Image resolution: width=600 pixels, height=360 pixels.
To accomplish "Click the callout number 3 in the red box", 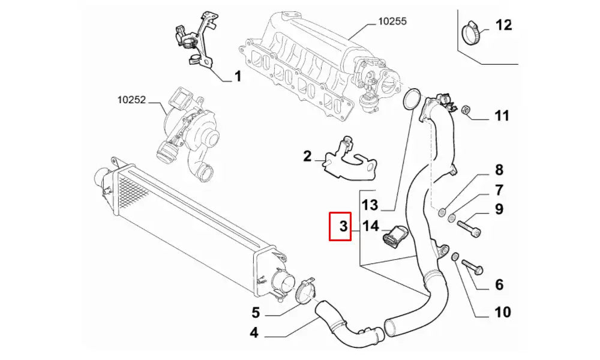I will (343, 226).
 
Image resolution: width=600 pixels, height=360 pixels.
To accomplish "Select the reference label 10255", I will (392, 20).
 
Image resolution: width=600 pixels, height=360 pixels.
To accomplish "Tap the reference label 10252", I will (131, 101).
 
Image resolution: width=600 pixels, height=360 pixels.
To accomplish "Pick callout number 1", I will (236, 76).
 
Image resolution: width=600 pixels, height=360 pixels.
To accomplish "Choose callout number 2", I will (307, 157).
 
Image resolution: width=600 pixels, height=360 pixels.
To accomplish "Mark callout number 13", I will (370, 205).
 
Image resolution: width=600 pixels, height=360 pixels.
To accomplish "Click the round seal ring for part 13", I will (411, 99).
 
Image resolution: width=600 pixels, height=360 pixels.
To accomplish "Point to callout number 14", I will (370, 226).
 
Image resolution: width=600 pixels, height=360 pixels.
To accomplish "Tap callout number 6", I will (499, 285).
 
